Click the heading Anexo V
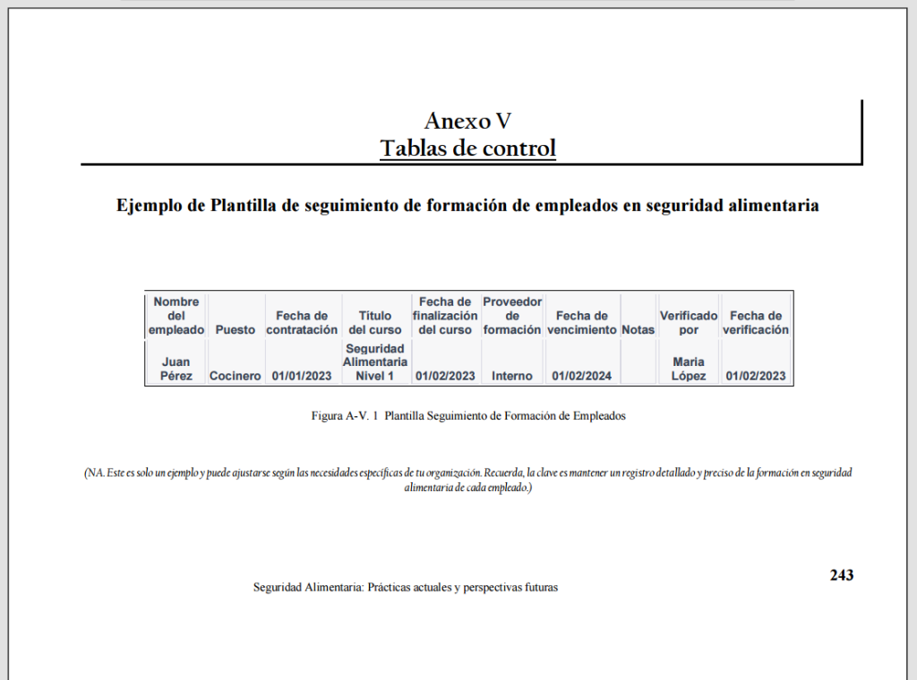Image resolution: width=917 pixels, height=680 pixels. click(467, 121)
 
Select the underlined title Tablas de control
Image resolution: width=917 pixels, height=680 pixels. click(467, 148)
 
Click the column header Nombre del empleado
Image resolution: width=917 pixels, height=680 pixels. click(176, 316)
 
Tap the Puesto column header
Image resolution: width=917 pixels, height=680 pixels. click(235, 329)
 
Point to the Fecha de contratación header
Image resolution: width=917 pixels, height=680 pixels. click(302, 322)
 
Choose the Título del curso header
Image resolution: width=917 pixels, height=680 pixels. click(375, 322)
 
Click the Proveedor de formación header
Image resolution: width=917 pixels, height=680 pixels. click(512, 316)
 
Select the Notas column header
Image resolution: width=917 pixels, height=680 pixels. click(638, 329)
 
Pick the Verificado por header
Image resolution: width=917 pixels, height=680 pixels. click(689, 322)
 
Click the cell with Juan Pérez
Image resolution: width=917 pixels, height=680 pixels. click(176, 369)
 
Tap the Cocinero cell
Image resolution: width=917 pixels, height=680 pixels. click(235, 376)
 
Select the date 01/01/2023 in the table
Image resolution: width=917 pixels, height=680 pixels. click(302, 376)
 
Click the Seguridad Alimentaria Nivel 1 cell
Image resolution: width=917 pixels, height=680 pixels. click(375, 361)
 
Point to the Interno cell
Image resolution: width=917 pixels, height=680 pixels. click(512, 376)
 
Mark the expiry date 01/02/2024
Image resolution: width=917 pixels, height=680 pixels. click(581, 376)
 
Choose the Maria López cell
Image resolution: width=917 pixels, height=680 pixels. click(689, 369)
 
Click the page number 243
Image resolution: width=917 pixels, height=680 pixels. click(841, 575)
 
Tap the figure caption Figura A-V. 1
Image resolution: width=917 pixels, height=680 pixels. click(344, 417)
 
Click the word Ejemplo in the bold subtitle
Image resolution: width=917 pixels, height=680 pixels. click(150, 205)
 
